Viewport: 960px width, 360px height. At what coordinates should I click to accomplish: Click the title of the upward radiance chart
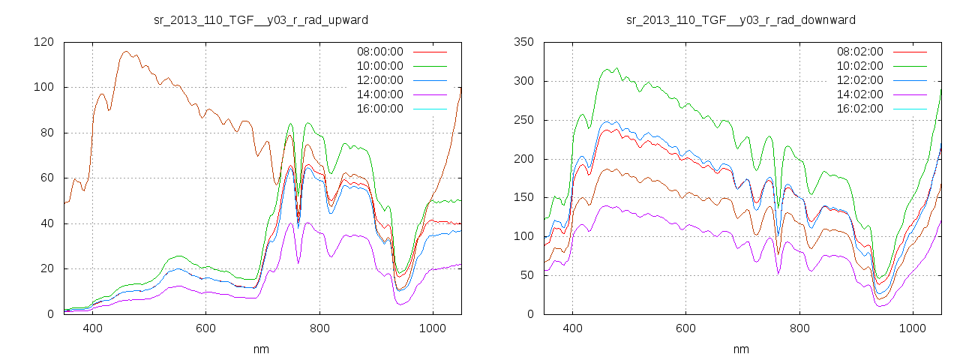pos(261,19)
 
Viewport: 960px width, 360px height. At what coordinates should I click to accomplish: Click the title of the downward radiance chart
pos(741,19)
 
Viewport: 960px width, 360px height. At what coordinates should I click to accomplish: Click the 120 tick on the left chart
pos(43,42)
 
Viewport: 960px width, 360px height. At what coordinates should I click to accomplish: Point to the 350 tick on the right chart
pos(523,42)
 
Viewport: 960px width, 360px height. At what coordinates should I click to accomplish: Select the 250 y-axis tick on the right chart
pos(523,120)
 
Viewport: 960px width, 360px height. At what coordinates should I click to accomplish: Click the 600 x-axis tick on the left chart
pos(205,328)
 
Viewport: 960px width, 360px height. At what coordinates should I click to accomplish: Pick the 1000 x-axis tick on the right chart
pos(912,328)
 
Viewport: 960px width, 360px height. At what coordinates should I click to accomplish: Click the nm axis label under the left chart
pos(261,349)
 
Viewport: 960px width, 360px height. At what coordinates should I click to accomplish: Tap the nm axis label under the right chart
pos(741,349)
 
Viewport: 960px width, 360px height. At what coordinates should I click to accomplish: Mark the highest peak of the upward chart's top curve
pos(125,52)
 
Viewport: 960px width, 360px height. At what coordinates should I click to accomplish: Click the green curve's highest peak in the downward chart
pos(616,68)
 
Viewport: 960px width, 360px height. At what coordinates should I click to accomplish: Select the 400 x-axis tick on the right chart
pos(572,328)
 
